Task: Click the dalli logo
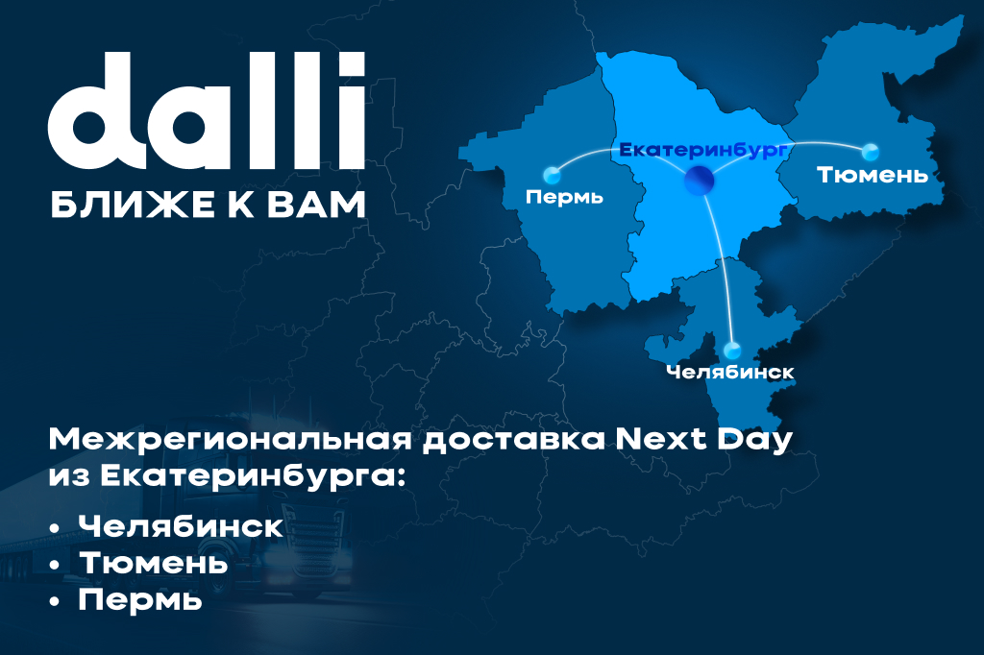(x=207, y=111)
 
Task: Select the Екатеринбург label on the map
(x=702, y=151)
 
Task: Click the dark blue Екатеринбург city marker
(x=700, y=181)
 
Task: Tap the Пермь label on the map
(x=564, y=197)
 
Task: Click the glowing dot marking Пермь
(x=552, y=175)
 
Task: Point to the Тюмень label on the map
(x=873, y=175)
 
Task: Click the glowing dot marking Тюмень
(x=870, y=151)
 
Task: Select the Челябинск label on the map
(x=730, y=372)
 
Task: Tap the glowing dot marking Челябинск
(x=731, y=351)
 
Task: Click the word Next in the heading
(x=661, y=440)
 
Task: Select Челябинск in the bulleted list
(x=181, y=526)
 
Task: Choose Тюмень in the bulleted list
(x=153, y=563)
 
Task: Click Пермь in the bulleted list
(x=140, y=600)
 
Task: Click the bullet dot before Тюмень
(x=56, y=565)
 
